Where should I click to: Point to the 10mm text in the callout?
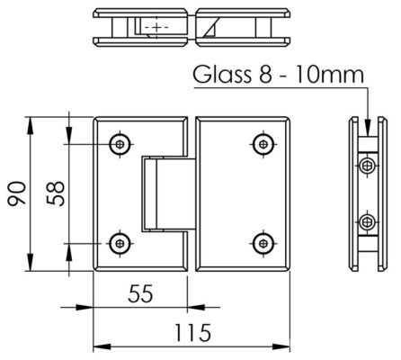[x=326, y=75]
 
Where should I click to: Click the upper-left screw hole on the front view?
[x=120, y=143]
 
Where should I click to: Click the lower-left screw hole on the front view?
[x=120, y=241]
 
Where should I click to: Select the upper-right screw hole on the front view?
[x=263, y=143]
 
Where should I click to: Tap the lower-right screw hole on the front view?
[x=263, y=241]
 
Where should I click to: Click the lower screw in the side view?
[x=367, y=220]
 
